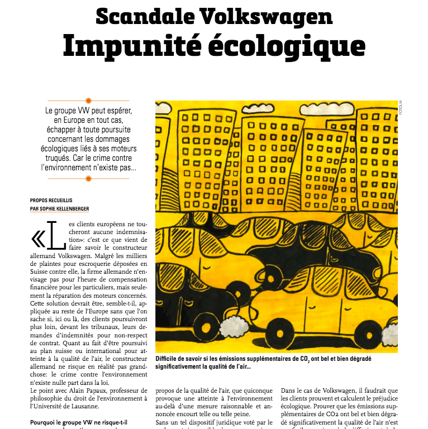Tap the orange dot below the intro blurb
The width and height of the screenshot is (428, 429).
coord(88,179)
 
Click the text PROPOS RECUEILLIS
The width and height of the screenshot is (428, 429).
coord(51,200)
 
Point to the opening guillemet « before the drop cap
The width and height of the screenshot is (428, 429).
coord(38,240)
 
